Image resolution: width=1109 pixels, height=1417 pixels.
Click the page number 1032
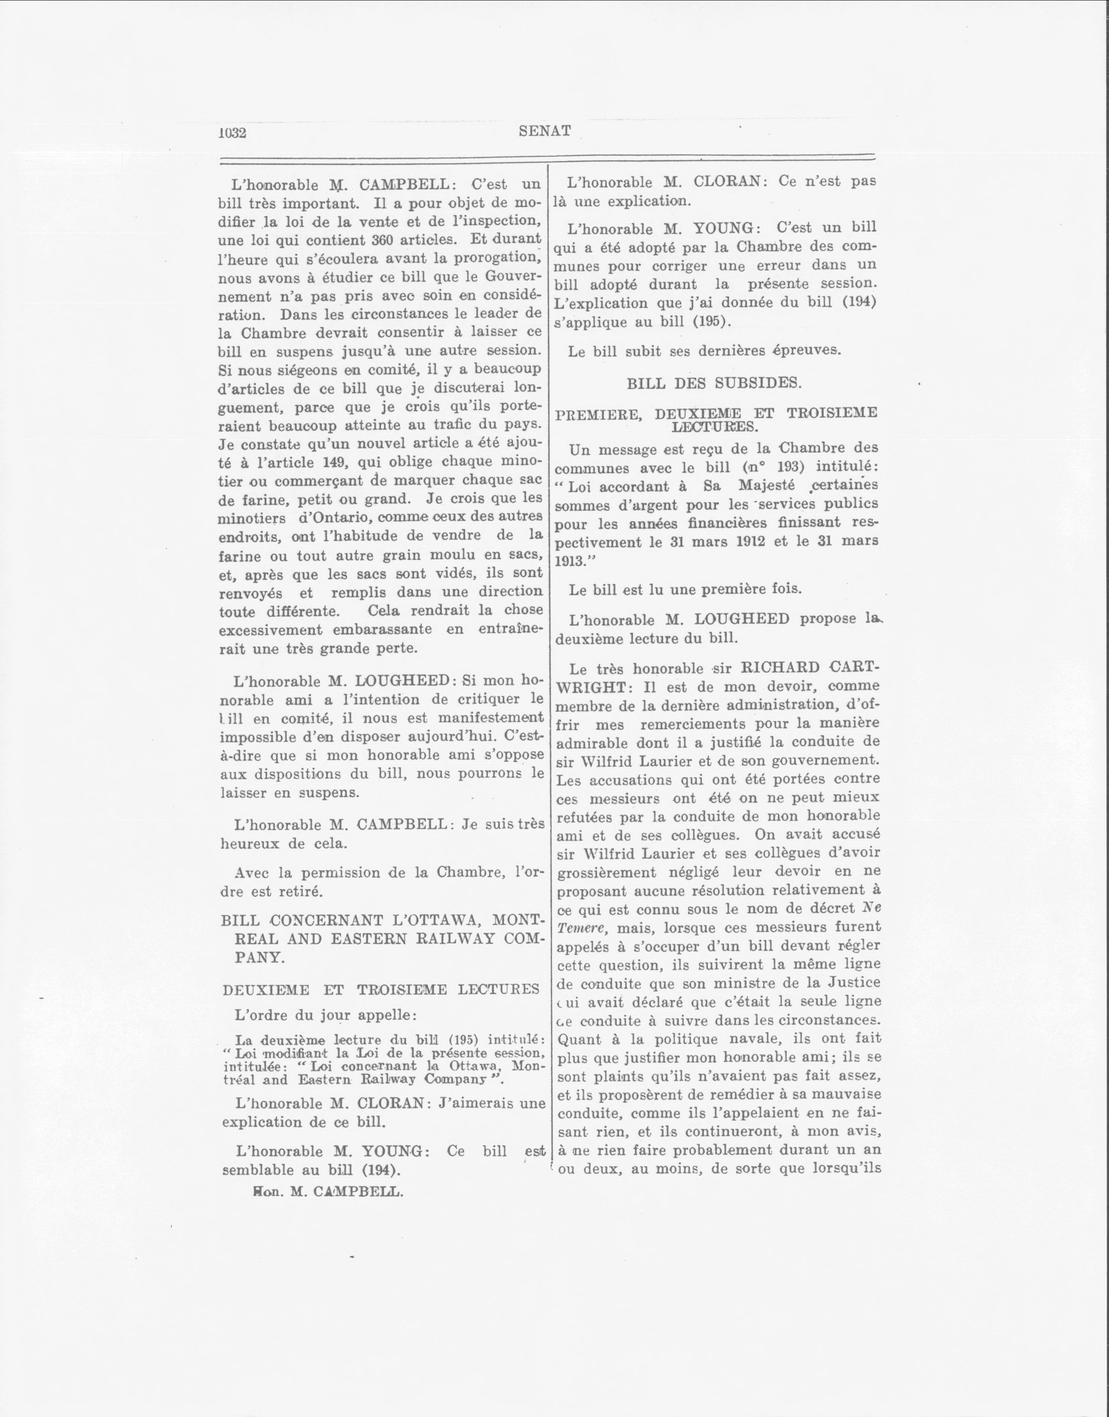click(x=232, y=133)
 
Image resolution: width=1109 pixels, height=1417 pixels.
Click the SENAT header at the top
click(x=545, y=131)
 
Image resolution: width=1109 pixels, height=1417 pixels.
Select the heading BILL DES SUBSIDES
click(x=714, y=383)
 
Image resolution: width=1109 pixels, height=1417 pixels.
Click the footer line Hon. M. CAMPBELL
click(x=328, y=1192)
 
